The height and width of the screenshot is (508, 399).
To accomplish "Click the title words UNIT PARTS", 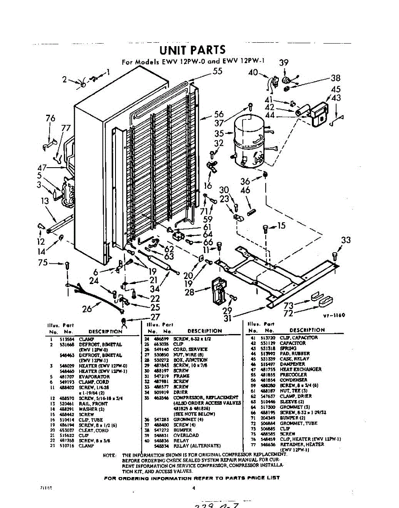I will click(193, 50).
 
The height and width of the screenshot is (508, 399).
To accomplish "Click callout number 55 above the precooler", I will click(217, 72).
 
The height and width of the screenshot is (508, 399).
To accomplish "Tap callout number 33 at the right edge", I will click(346, 240).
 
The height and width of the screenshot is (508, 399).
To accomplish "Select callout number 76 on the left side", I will click(50, 119).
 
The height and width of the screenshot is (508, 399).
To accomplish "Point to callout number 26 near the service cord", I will click(87, 309).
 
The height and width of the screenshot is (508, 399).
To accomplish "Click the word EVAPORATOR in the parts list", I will click(94, 376).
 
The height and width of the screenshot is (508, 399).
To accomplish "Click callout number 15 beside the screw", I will click(281, 226).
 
